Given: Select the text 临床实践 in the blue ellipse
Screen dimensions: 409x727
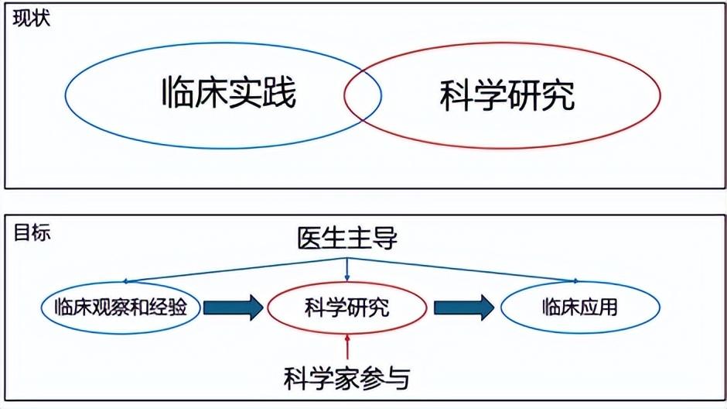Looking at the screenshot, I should point(229,94).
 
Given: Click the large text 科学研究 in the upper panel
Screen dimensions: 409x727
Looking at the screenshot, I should point(507,97).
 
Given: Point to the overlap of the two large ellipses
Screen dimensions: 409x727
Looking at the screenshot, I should point(363,97).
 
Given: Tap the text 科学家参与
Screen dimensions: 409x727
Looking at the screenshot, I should point(346,377).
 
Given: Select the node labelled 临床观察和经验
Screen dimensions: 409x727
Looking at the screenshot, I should point(121,308).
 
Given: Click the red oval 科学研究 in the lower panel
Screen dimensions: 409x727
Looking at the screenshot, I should point(347,308).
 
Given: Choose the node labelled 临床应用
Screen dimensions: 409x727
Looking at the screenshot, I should point(579,308).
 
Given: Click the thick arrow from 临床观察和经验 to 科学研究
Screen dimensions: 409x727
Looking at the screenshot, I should point(234,308).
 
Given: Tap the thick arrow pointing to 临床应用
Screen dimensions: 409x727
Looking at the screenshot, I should point(463,308).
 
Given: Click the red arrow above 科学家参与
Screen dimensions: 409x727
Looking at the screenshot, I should point(347,346).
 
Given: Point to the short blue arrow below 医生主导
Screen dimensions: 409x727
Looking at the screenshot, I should point(347,270).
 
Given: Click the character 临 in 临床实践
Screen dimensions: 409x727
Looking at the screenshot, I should point(179,94).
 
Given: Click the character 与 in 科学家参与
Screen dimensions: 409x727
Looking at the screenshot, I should point(396,377).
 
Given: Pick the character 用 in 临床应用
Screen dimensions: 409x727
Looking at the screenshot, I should point(608,308).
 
